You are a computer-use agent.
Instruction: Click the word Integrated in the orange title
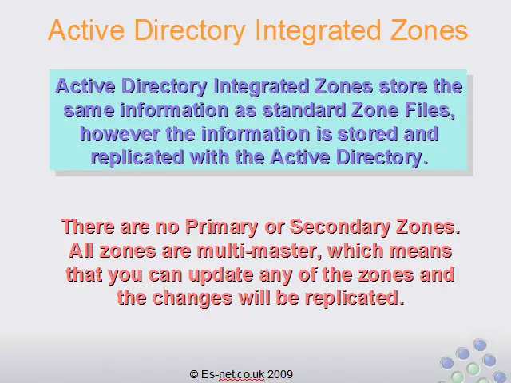[x=318, y=31]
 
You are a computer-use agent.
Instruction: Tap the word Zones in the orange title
[x=429, y=30]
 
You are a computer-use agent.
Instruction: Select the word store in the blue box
[x=402, y=86]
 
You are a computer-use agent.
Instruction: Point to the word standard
[x=304, y=110]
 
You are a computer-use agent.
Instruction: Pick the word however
[x=120, y=134]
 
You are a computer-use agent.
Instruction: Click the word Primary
[x=222, y=227]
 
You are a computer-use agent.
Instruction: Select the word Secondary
[x=339, y=227]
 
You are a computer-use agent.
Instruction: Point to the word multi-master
[x=259, y=251]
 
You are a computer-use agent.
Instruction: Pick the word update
[x=220, y=275]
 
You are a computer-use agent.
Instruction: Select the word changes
[x=192, y=298]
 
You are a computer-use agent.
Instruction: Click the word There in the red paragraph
[x=88, y=227]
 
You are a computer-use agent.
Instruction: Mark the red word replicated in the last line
[x=355, y=298]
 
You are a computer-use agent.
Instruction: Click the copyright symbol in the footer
[x=194, y=374]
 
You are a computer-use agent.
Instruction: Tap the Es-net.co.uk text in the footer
[x=232, y=374]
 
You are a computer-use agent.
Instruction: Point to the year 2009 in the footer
[x=280, y=374]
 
